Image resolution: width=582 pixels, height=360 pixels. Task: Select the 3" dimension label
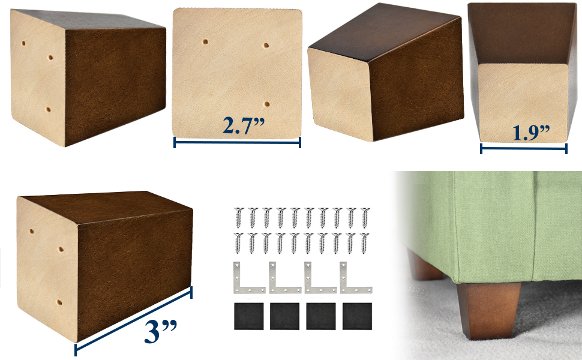160,332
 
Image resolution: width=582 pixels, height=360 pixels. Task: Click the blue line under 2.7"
237,142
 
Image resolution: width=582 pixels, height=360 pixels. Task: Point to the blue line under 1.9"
523,148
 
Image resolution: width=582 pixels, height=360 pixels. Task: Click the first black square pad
248,316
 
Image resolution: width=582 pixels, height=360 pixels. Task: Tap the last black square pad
356,316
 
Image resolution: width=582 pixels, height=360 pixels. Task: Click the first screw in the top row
238,217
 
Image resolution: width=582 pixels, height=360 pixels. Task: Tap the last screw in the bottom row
364,242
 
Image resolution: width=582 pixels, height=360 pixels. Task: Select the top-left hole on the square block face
205,43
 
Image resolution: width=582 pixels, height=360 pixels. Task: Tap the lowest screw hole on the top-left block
49,110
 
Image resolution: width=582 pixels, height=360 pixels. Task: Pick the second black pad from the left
284,316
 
